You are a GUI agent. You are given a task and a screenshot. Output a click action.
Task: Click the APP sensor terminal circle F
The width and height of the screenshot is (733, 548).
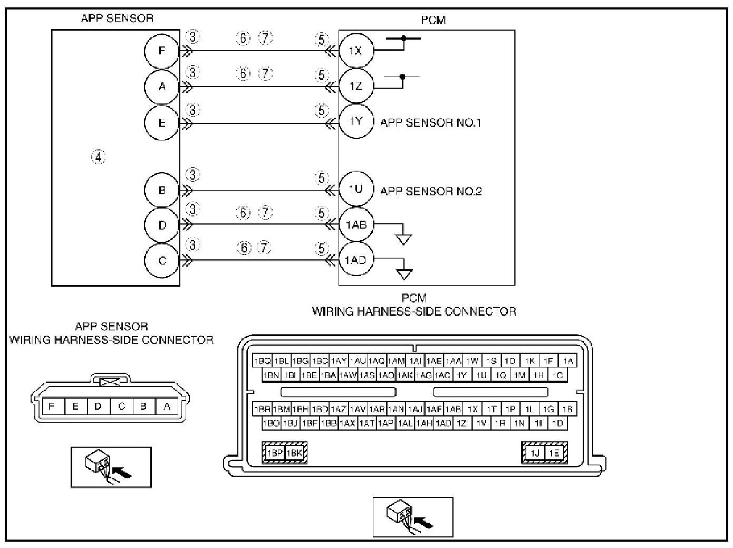coord(162,51)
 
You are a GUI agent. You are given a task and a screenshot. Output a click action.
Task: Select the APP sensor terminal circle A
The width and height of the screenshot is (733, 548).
coord(162,86)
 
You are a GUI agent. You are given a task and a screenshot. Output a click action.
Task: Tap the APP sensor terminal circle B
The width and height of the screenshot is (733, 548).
coord(162,190)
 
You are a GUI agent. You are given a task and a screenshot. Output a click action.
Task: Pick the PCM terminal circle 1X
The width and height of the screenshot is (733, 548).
coord(356,51)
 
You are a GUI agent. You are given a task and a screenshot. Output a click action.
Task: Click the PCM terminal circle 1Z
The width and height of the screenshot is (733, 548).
coord(356,86)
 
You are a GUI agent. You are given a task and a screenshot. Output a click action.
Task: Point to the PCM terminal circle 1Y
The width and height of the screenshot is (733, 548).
coord(356,121)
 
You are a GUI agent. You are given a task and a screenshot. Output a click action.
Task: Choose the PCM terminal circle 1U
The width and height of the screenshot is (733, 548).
coord(356,188)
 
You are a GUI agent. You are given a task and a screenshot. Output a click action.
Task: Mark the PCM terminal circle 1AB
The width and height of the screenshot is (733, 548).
coord(356,224)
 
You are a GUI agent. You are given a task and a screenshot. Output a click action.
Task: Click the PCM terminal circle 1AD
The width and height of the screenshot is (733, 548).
coord(356,260)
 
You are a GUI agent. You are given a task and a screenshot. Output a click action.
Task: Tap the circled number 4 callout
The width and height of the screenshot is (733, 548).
coord(99,157)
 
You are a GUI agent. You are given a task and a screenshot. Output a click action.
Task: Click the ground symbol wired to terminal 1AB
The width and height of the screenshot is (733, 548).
coord(404,239)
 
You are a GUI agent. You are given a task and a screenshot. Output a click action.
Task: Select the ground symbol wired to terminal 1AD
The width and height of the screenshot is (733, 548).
coord(404,275)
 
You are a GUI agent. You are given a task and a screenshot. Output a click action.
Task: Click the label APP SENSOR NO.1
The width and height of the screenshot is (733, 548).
coord(430,123)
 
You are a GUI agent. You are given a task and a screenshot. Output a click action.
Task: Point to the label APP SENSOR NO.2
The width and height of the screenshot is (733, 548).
coord(431,191)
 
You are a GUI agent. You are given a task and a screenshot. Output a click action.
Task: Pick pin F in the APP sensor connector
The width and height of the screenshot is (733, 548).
coord(52,407)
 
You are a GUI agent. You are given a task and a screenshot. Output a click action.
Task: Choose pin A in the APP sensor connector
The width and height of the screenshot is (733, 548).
coord(167,407)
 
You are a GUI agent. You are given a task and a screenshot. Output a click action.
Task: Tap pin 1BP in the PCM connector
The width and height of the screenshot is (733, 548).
coord(274,453)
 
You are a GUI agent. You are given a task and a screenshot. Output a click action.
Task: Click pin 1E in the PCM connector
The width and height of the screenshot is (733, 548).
coord(554,453)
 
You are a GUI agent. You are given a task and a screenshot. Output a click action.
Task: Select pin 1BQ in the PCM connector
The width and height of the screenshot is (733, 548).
coord(262,361)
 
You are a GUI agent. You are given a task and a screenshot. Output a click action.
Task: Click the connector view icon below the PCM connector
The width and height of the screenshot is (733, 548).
coord(413,517)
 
